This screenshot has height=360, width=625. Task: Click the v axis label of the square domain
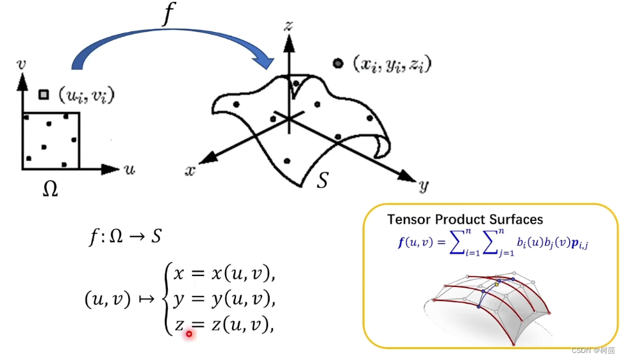click(x=22, y=64)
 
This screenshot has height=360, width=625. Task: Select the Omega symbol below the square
click(x=49, y=189)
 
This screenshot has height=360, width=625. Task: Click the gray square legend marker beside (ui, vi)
click(x=44, y=95)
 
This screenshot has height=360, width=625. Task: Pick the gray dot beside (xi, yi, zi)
click(x=337, y=63)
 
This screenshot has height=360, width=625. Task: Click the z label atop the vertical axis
click(x=289, y=25)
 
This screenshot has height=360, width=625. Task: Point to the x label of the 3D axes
click(x=190, y=170)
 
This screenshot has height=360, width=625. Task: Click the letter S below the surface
click(x=323, y=181)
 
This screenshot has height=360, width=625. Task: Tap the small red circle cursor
click(x=189, y=334)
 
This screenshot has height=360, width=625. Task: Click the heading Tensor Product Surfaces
click(x=465, y=220)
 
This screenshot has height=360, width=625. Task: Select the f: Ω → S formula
click(x=124, y=238)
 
